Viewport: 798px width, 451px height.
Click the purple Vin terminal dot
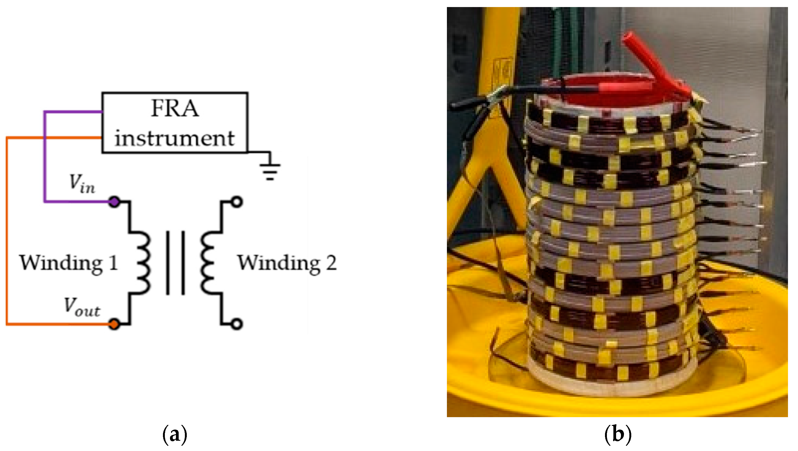click(x=114, y=202)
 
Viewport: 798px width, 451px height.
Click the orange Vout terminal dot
click(x=114, y=324)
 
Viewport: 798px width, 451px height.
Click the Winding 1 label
click(x=68, y=263)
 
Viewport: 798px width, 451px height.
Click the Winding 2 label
click(x=287, y=263)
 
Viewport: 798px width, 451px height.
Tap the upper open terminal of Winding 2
click(x=237, y=202)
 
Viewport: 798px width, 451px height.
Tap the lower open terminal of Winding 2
click(x=237, y=324)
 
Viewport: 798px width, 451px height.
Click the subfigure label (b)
click(x=618, y=434)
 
